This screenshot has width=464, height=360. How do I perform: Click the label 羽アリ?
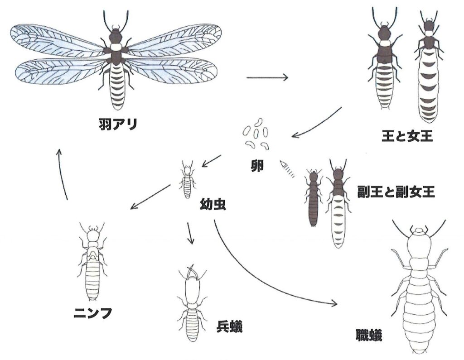pos(118,124)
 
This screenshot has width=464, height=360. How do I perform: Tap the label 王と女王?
pos(407,136)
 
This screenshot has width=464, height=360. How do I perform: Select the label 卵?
pos(256,167)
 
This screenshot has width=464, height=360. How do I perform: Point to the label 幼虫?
pos(213,204)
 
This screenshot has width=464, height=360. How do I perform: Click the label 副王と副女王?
pos(396,192)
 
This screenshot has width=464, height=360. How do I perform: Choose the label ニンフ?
pos(92,313)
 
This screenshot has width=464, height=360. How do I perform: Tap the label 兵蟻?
pos(230,327)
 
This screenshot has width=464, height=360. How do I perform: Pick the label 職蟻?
pos(369,335)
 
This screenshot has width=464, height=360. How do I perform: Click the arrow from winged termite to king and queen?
pos(267,77)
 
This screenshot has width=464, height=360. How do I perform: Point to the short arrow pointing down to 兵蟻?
pos(190,233)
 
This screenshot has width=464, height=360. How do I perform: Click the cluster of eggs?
pos(256,133)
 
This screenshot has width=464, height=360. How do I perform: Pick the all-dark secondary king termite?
pos(312,198)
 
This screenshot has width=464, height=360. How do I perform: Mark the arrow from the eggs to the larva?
pos(211,161)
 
